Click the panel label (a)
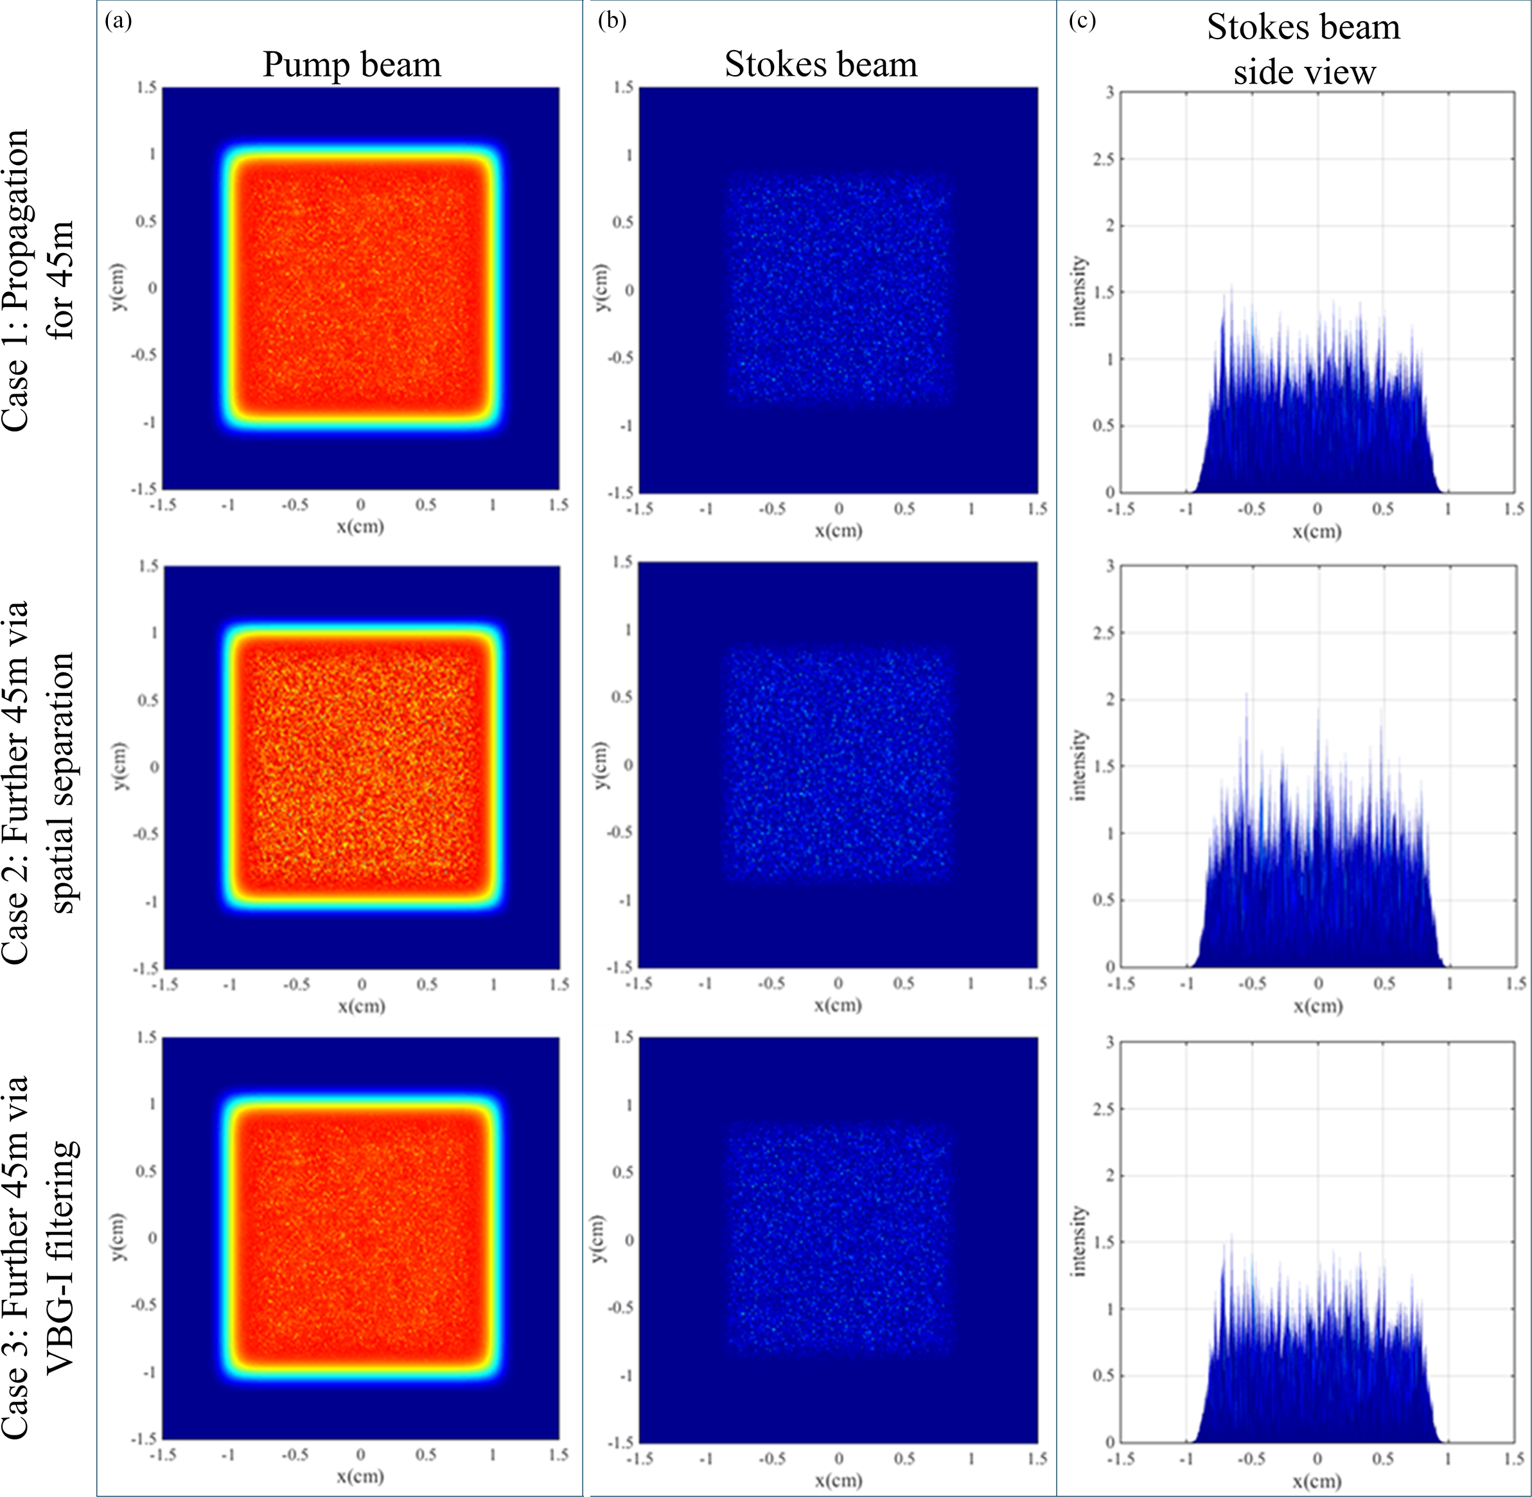(x=118, y=21)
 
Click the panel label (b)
(x=612, y=21)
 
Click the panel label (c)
(x=1082, y=21)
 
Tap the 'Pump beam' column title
(x=351, y=64)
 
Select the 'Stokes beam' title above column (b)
(x=821, y=64)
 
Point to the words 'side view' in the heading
(x=1305, y=73)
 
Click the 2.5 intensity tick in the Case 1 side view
(x=1104, y=160)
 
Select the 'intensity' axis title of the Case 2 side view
(x=1080, y=766)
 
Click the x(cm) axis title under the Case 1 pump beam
(x=361, y=526)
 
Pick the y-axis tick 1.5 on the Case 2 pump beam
(x=148, y=566)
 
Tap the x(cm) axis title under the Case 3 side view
(x=1317, y=1482)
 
